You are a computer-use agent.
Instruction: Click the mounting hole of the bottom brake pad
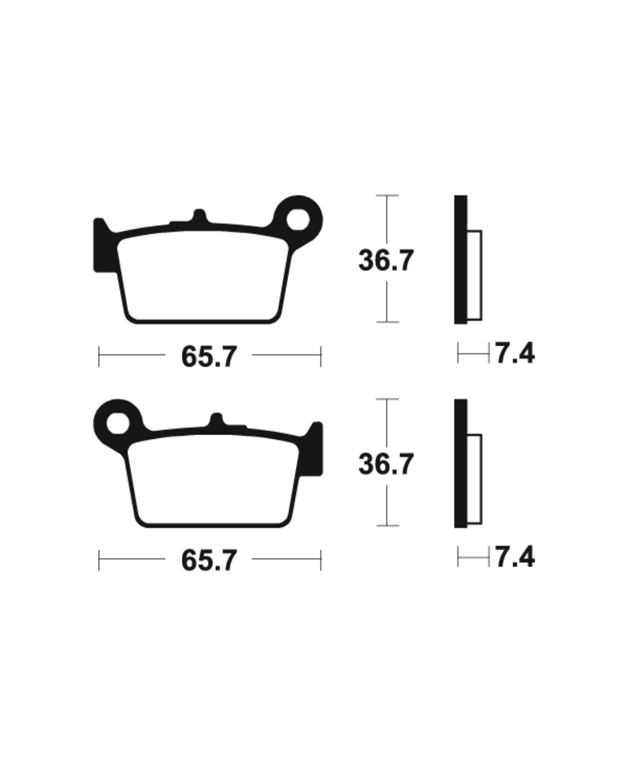click(x=119, y=422)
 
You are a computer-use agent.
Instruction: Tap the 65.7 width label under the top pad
click(x=209, y=357)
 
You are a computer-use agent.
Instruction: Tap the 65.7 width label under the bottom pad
click(x=209, y=561)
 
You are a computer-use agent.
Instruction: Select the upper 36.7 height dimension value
click(x=385, y=261)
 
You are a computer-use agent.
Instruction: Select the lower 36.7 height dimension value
click(x=385, y=464)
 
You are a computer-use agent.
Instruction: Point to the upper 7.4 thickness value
click(x=514, y=354)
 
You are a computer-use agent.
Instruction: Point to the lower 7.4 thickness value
click(x=514, y=558)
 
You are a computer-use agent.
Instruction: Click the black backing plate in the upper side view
click(x=461, y=259)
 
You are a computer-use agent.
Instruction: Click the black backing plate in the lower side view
click(x=461, y=463)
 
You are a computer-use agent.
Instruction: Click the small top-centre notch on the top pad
click(x=199, y=216)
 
